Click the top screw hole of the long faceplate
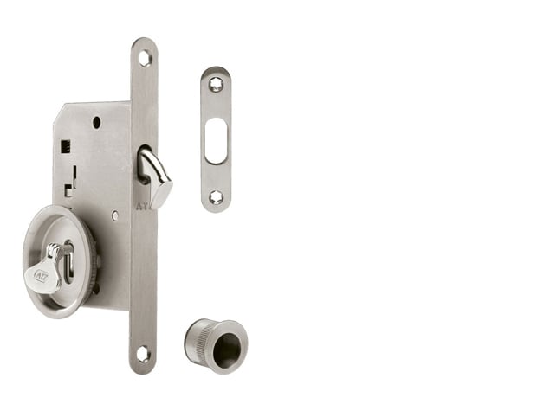(144, 58)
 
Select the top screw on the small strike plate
(216, 84)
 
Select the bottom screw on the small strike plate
(216, 197)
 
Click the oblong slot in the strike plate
(216, 141)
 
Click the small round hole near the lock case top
(96, 122)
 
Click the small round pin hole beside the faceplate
(114, 215)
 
